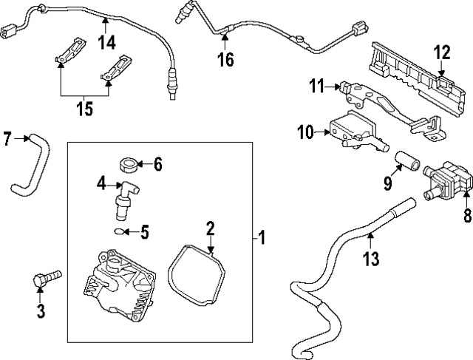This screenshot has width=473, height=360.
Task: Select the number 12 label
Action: (441, 52)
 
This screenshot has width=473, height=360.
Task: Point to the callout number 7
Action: (7, 138)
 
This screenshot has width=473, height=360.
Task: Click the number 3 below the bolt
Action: (41, 311)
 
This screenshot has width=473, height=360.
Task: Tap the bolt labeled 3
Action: (45, 282)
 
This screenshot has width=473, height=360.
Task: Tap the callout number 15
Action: (85, 109)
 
